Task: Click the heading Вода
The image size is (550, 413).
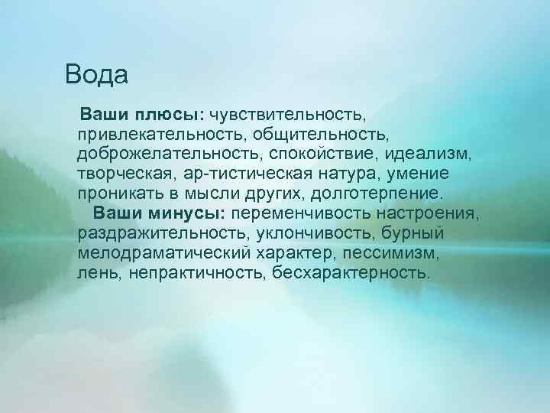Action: [96, 74]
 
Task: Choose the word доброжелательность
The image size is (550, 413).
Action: [168, 155]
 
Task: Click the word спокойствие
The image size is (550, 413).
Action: [323, 155]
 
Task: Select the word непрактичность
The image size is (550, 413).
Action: [189, 273]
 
